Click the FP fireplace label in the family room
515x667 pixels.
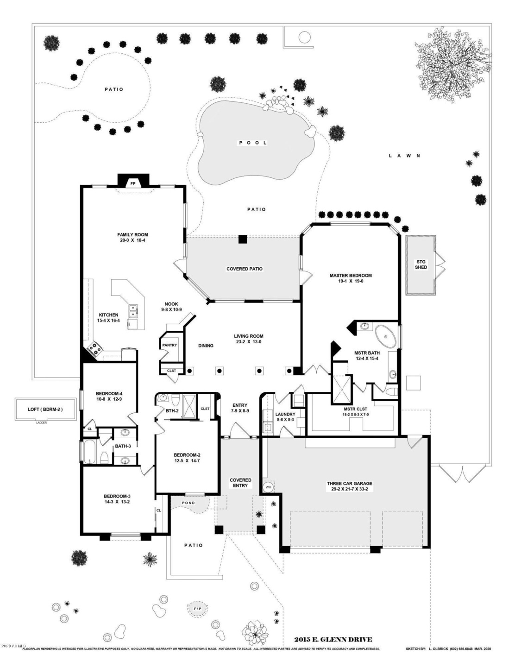(133, 183)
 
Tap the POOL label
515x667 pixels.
(253, 143)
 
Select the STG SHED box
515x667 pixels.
(421, 265)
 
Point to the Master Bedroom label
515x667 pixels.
(350, 278)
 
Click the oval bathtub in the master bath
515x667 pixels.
(385, 337)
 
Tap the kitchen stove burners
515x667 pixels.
(93, 348)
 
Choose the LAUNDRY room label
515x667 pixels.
(285, 414)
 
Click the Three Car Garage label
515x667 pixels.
(350, 486)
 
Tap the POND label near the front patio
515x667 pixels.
(188, 503)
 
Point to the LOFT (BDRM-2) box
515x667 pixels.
(45, 409)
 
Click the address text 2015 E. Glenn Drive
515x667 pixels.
(333, 640)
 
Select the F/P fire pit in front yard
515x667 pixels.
(197, 608)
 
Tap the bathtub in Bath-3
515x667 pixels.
(89, 452)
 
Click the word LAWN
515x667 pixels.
(404, 156)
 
